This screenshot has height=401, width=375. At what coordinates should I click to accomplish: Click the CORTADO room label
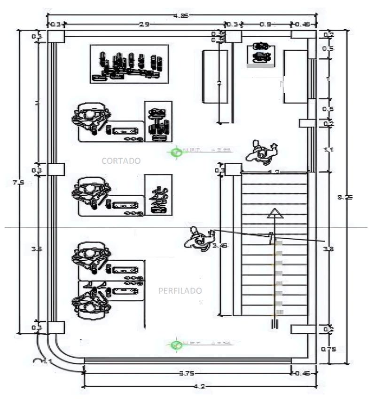point(121,160)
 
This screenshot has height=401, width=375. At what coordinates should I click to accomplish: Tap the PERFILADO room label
point(180,291)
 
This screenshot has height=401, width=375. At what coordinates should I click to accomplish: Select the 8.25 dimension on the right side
point(345,197)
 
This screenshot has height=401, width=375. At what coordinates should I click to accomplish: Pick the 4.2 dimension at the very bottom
point(200,386)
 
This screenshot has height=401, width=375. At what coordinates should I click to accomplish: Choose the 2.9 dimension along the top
point(144,24)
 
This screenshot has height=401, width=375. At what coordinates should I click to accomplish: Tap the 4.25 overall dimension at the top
point(180,16)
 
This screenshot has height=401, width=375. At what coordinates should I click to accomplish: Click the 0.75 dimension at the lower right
point(328,349)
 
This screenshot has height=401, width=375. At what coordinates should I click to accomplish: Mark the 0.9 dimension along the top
point(266,24)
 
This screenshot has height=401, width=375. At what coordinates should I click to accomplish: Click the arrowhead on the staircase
point(274,214)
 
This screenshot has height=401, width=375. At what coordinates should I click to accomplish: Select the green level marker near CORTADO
point(176,152)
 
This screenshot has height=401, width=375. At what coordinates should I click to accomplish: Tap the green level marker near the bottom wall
point(176,345)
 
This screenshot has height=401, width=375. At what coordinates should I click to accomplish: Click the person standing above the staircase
point(262,152)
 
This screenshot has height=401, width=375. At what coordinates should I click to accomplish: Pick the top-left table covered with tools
point(129,64)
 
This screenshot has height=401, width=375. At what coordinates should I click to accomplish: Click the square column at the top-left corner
point(55,37)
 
